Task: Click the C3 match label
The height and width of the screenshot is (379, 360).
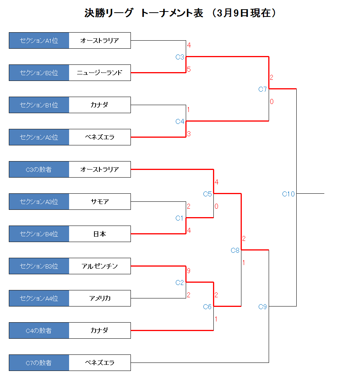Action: [x=180, y=57]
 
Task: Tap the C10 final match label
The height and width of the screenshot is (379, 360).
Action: [x=288, y=194]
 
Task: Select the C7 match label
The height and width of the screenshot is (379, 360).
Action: [x=262, y=89]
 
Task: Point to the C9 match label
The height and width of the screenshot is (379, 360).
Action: [x=262, y=307]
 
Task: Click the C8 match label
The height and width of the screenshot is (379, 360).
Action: [x=235, y=250]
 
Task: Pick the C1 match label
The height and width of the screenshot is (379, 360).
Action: [x=179, y=218]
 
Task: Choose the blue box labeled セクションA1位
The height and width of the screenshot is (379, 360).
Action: [x=39, y=40]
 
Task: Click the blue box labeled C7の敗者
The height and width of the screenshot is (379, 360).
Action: [x=39, y=363]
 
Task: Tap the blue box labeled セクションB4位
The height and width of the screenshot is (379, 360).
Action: [x=39, y=234]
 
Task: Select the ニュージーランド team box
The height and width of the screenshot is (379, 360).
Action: [x=100, y=73]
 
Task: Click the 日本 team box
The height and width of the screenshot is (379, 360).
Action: [x=100, y=234]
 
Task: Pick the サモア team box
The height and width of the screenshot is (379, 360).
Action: [x=100, y=202]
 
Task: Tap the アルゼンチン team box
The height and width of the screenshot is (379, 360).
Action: [x=100, y=266]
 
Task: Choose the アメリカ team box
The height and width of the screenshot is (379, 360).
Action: [x=100, y=298]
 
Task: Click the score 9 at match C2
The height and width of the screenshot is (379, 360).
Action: [x=188, y=271]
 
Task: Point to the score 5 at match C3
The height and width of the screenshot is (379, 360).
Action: [x=189, y=69]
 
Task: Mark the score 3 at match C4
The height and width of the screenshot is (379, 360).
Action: [x=189, y=133]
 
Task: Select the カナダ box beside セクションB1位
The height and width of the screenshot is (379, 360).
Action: [x=100, y=105]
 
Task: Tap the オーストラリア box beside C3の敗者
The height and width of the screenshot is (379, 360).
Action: [x=100, y=169]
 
